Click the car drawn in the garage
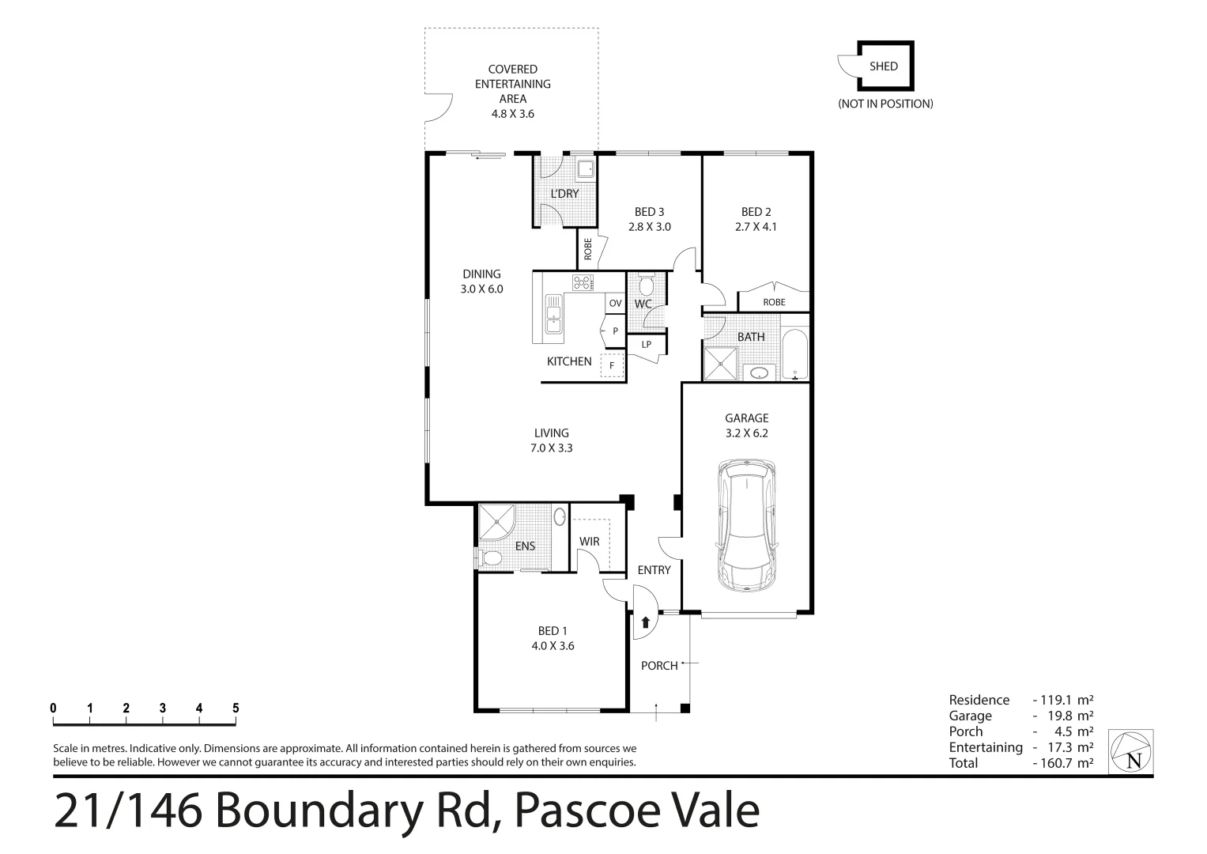point(746,526)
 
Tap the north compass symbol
point(1131,752)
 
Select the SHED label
point(883,66)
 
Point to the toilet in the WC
point(646,285)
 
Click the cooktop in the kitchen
point(583,282)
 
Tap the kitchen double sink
point(553,313)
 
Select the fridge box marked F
point(612,366)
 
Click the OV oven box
point(615,303)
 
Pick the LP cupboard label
point(646,344)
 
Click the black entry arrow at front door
point(646,622)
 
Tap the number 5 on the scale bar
point(236,709)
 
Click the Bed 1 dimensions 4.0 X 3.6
point(553,645)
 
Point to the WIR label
point(589,542)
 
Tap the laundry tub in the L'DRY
point(585,168)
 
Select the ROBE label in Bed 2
point(774,302)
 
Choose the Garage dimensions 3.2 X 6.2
point(746,433)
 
